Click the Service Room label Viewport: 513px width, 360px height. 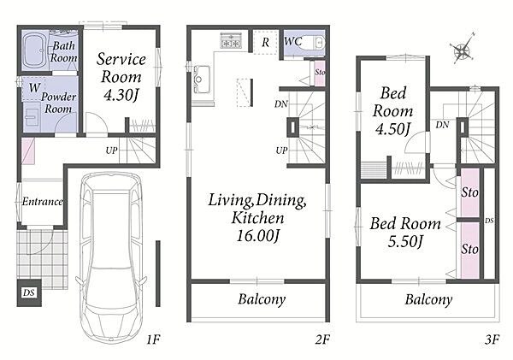pos(121,68)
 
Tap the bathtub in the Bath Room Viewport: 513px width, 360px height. pos(35,50)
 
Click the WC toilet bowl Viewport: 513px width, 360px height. pos(315,42)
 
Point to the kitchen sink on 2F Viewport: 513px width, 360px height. pos(202,80)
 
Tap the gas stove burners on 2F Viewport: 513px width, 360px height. pos(231,40)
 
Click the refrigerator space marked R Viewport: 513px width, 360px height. pos(266,42)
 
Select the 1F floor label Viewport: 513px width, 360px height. pos(153,339)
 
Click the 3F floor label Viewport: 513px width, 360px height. pos(492,339)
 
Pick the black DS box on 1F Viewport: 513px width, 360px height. pos(29,292)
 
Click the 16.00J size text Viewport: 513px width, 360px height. pos(258,235)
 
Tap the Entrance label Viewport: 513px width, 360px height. pos(43,201)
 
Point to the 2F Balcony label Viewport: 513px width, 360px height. pos(262,299)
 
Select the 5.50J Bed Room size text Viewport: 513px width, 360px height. pos(405,241)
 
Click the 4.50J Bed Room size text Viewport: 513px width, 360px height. pos(392,128)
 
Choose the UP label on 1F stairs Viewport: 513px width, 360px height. pos(111,150)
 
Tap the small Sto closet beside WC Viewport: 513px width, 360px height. pos(320,73)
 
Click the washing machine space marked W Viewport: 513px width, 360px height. pos(34,88)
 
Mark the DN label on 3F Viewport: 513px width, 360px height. pos(442,124)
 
